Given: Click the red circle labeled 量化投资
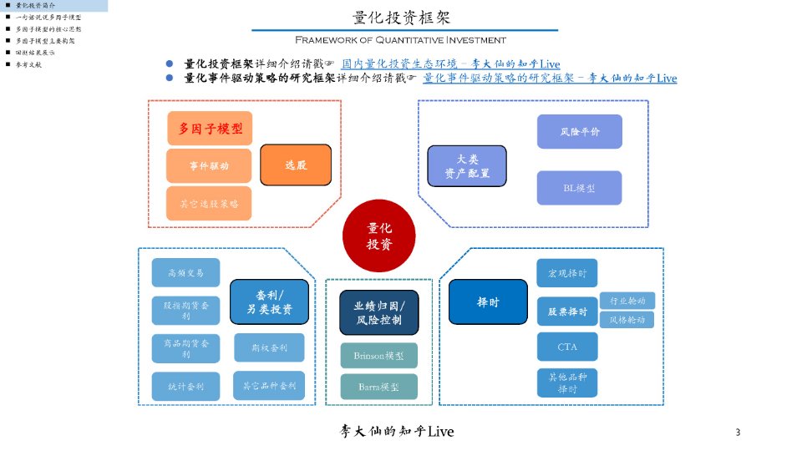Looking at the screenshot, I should tap(379, 236).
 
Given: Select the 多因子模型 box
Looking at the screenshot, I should tap(210, 129).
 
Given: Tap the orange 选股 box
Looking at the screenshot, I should tap(296, 165).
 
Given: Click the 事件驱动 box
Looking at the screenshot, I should tap(210, 165).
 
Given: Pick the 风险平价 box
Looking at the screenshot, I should tap(580, 132).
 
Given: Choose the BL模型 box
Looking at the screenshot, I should tap(580, 188).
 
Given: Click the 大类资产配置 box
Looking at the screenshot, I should tap(467, 165).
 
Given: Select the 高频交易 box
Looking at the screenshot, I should tap(185, 272).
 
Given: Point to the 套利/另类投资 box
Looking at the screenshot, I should tap(269, 302).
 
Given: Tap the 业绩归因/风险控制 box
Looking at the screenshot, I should tap(379, 312).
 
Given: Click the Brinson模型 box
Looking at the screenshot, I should tap(379, 356).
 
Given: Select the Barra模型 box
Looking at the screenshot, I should tap(379, 388).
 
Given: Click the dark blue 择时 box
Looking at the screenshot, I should tap(488, 302).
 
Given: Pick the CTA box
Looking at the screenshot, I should tap(567, 346).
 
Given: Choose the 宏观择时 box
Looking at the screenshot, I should tap(567, 273).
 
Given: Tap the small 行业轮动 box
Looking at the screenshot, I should tap(627, 301).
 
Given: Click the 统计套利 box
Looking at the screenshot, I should tap(185, 386).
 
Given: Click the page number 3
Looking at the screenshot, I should tap(738, 432).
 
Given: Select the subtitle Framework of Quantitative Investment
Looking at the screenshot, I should tap(400, 40).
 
